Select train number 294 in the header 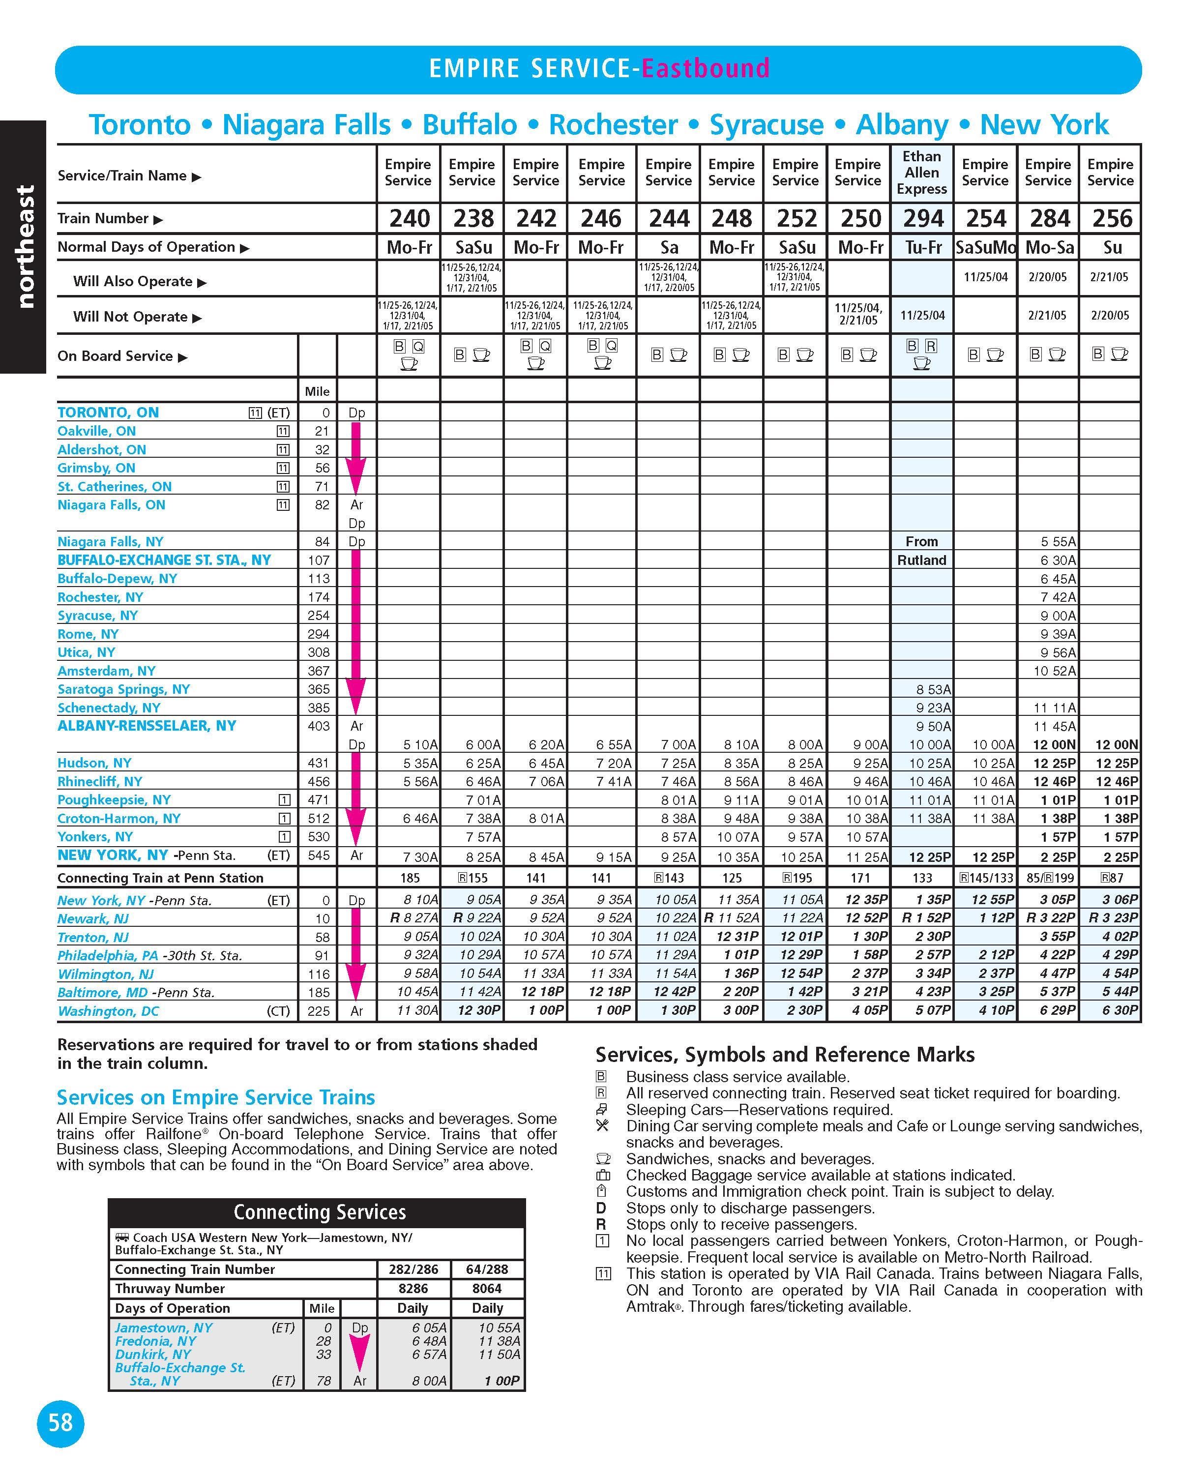click(x=923, y=218)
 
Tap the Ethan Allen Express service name click(x=921, y=173)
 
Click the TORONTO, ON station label click(x=108, y=413)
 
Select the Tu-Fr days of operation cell click(x=923, y=247)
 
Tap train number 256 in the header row click(x=1112, y=218)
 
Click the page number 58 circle click(x=60, y=1423)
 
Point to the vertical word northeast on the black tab click(x=25, y=246)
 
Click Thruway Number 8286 click(x=413, y=1288)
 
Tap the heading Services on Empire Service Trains click(x=215, y=1097)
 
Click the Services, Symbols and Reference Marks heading click(x=785, y=1054)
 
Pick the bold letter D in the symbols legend click(x=601, y=1208)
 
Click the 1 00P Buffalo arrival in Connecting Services click(x=502, y=1381)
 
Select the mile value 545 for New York click(x=319, y=855)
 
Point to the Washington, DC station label click(x=108, y=1011)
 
